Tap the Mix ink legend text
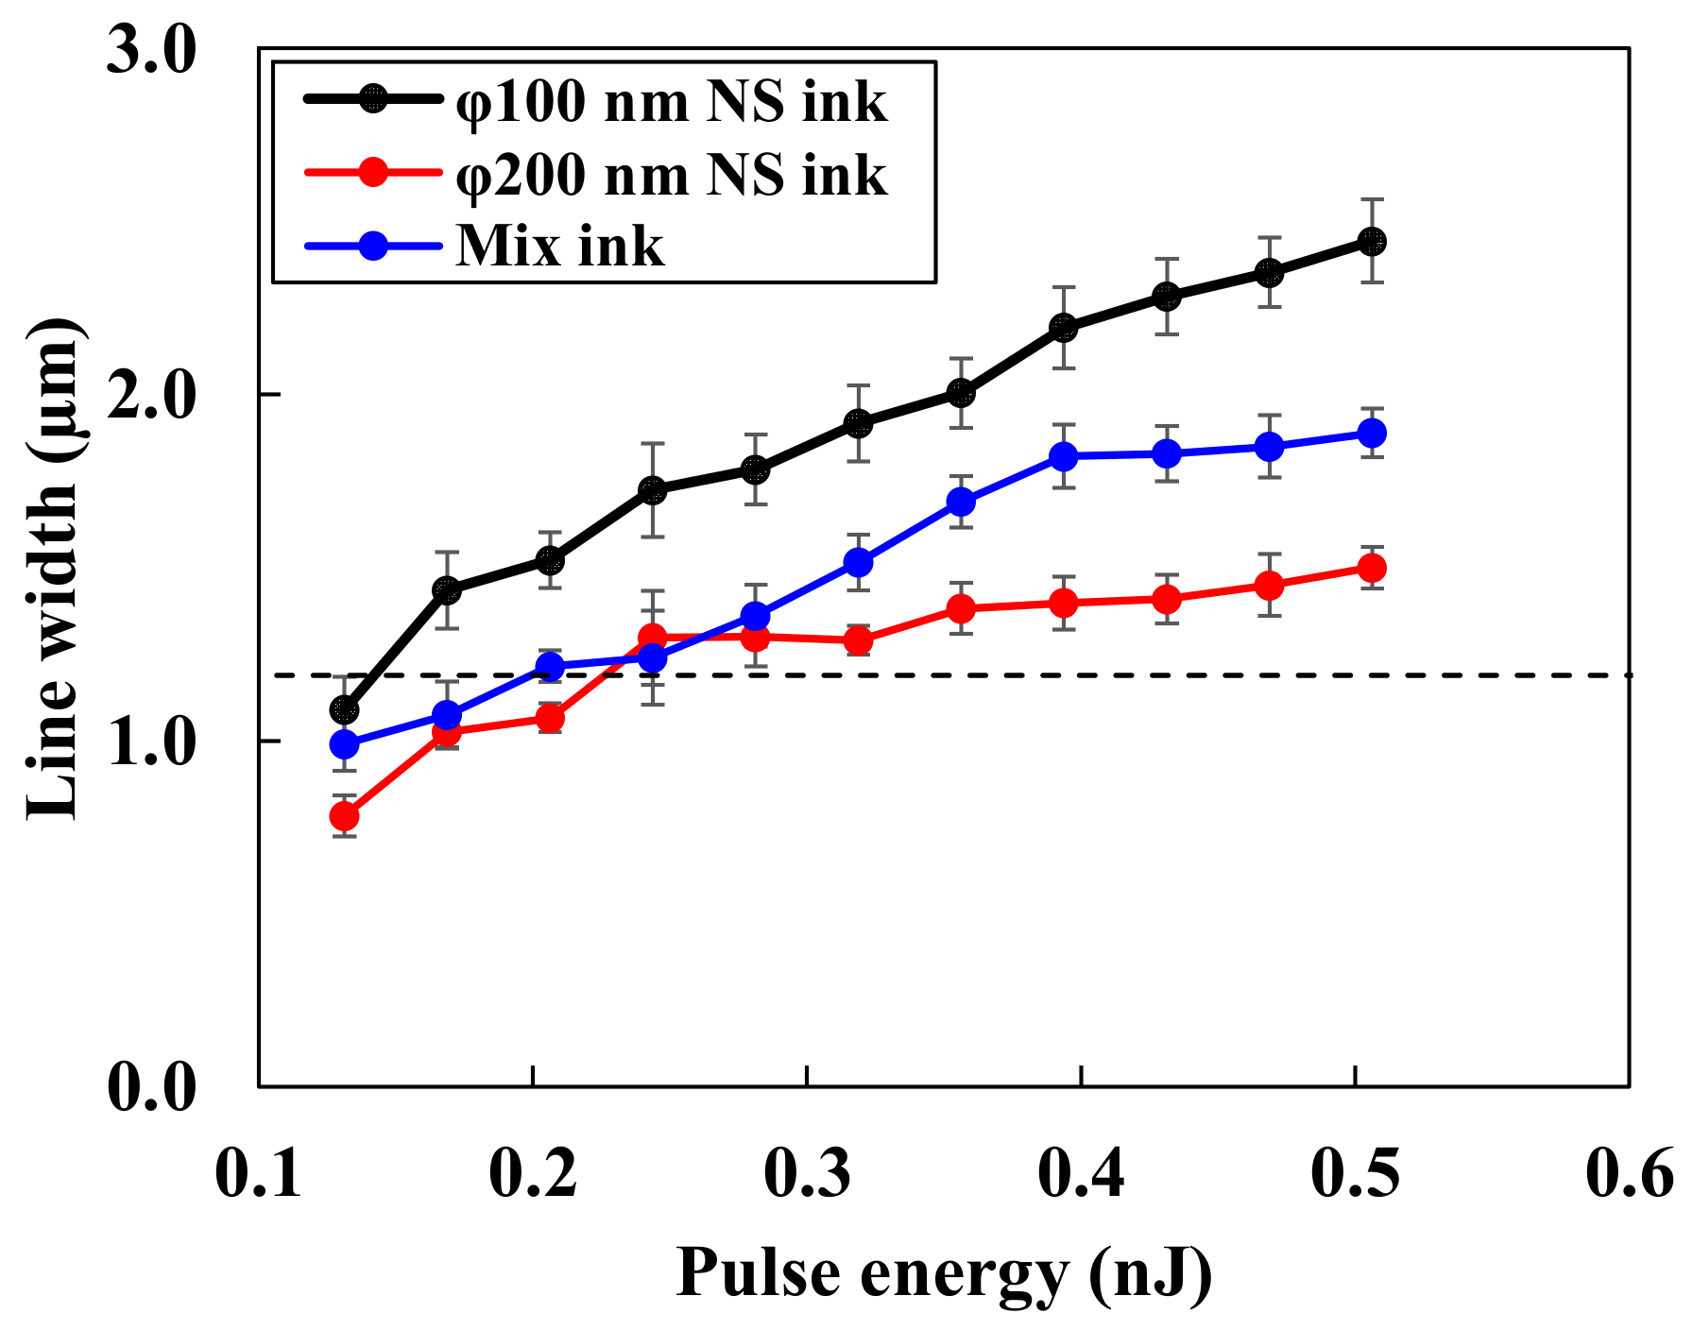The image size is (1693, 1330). pos(559,247)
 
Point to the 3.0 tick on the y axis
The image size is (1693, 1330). pos(151,49)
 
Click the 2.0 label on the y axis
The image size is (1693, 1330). pos(151,394)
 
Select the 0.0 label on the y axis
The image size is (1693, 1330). pos(151,1087)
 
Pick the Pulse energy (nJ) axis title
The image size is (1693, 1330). pos(943,1273)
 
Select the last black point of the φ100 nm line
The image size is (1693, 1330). pos(1372,241)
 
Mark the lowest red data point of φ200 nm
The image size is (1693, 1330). pos(345,815)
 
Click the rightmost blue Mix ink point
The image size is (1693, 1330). pos(1372,434)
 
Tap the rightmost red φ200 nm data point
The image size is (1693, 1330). pos(1372,568)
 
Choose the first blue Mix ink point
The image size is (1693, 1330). pos(345,744)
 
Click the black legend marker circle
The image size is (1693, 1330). pos(374,100)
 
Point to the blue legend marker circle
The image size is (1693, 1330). pos(374,247)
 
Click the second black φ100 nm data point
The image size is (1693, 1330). pos(447,590)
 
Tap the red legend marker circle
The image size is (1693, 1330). pos(374,173)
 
